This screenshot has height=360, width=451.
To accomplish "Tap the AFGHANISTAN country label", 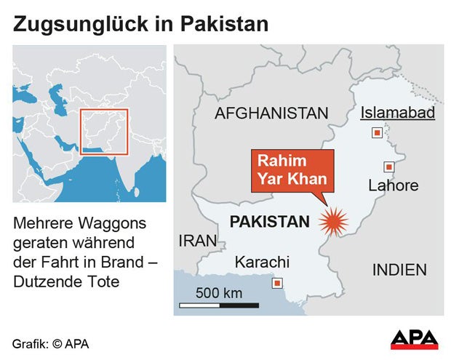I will [271, 113].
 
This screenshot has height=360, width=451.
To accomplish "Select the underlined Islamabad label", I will [398, 113].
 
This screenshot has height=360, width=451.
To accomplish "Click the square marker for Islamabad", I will [377, 133].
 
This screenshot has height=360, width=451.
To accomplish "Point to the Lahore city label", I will [394, 185].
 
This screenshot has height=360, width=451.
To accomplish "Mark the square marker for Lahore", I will [389, 167].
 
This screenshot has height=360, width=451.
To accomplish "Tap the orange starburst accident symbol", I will [334, 221].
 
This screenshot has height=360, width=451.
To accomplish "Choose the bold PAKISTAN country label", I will [269, 222].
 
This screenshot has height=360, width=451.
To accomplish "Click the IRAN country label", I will [198, 241].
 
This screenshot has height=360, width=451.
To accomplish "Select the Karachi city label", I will [262, 262].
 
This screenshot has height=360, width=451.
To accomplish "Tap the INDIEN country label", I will [399, 270].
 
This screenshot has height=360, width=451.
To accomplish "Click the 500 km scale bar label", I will [219, 294].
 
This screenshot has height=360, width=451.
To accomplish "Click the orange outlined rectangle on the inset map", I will [104, 132].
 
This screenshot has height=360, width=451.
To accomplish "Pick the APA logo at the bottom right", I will [414, 339].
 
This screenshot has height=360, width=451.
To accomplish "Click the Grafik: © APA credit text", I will [50, 343].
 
